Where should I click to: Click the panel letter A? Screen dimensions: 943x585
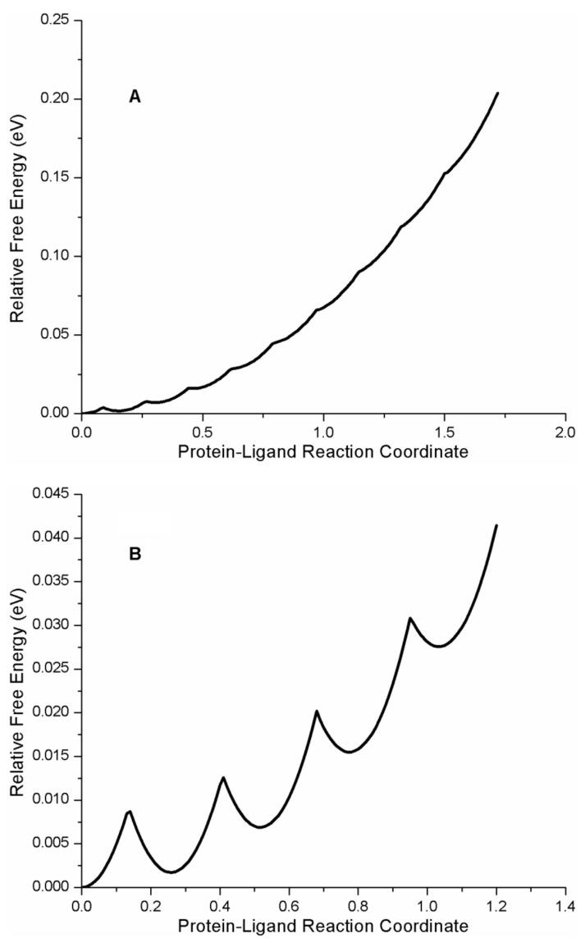[135, 97]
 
